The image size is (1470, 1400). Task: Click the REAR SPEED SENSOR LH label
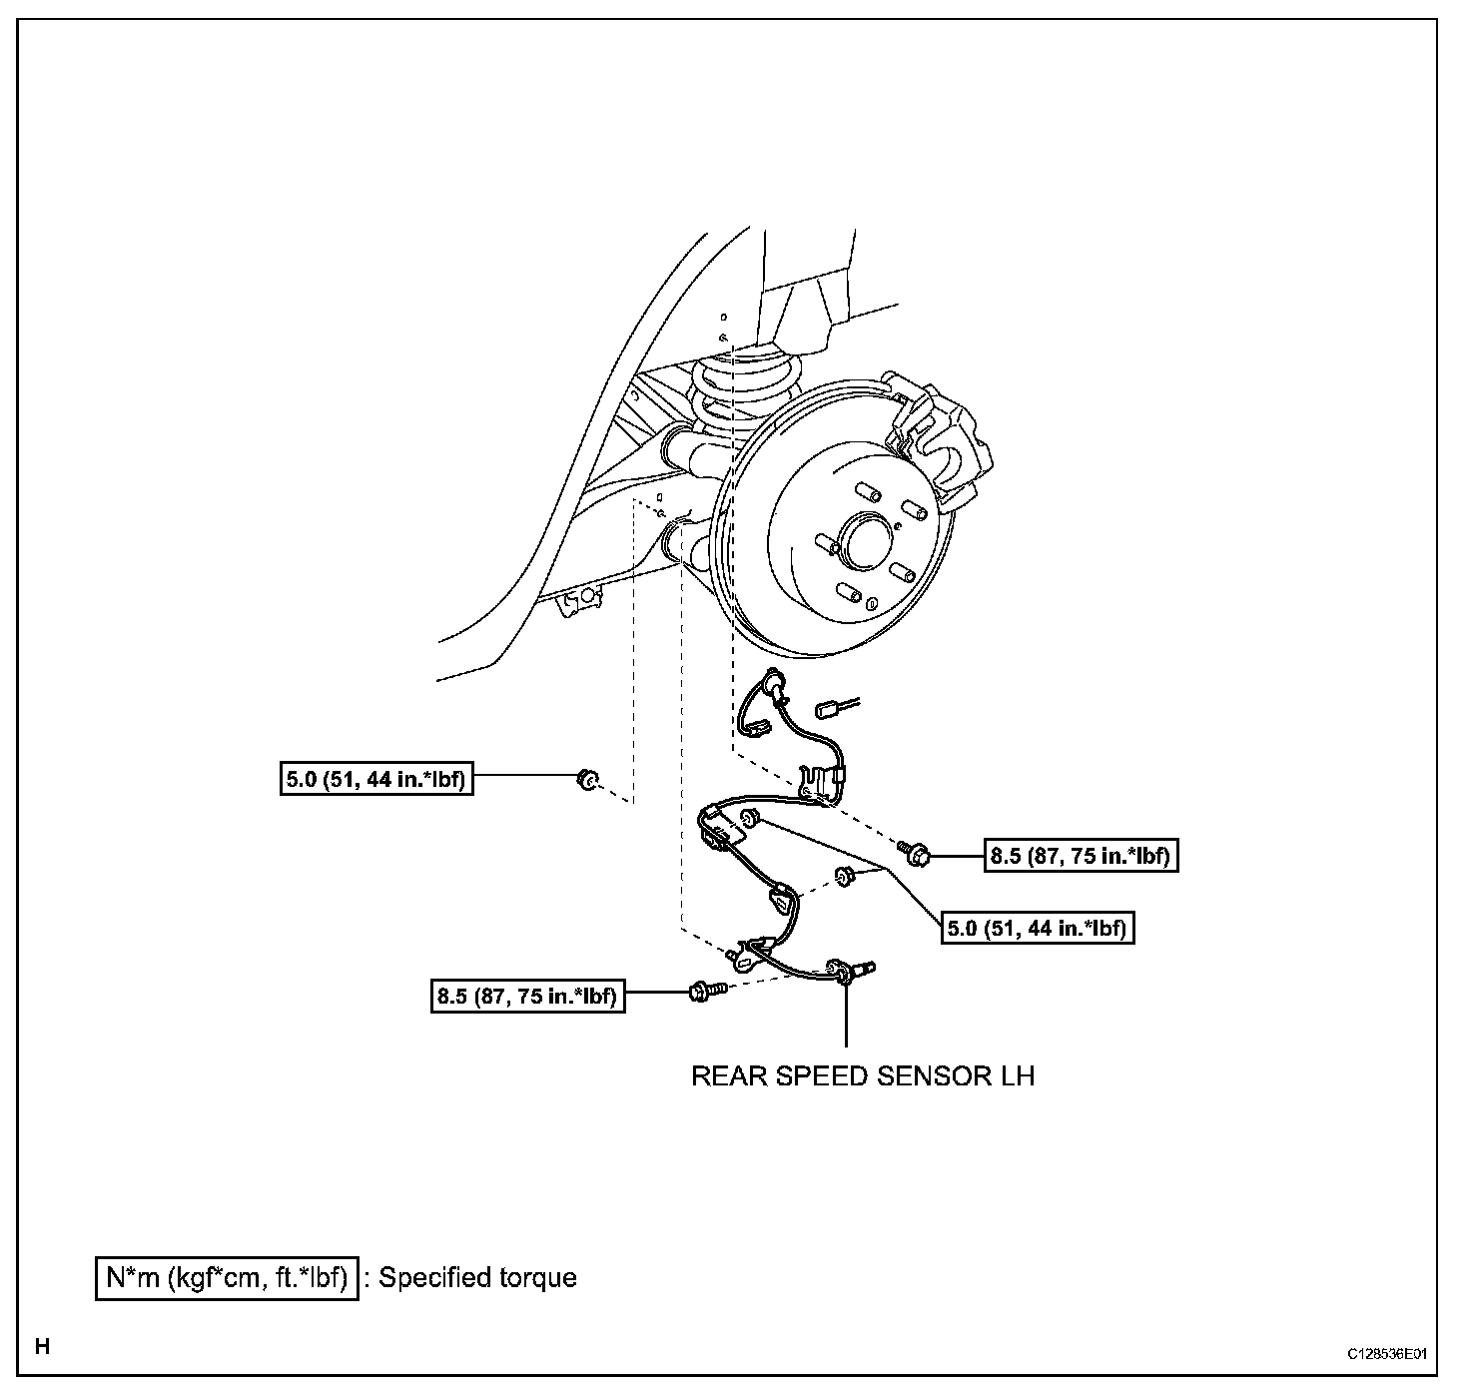(x=863, y=1076)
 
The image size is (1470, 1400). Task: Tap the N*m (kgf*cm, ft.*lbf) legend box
(x=227, y=1278)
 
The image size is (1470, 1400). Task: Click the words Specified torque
(x=477, y=1278)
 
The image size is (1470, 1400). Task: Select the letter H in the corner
(x=42, y=1346)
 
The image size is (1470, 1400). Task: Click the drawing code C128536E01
(x=1387, y=1354)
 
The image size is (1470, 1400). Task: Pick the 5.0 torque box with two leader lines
(x=1040, y=929)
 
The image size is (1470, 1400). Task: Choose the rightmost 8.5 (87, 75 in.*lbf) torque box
(x=1082, y=856)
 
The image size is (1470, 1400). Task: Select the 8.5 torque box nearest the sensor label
(x=527, y=997)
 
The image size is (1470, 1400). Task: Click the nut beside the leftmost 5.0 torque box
(x=587, y=779)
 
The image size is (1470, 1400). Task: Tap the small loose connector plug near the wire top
(x=827, y=710)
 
